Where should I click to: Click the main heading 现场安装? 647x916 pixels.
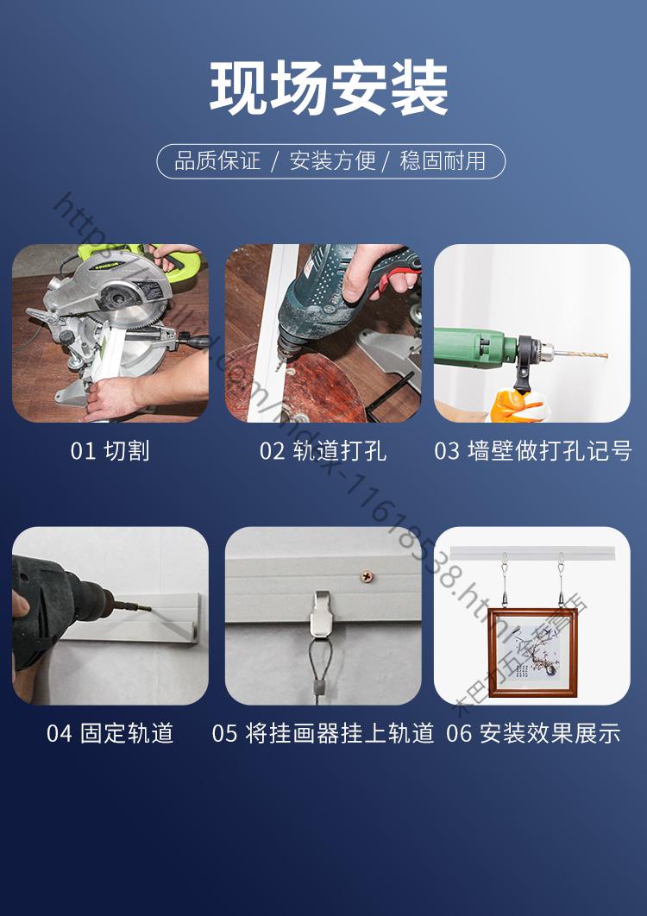click(329, 89)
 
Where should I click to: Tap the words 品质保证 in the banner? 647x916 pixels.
click(217, 161)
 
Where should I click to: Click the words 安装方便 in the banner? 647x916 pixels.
click(332, 161)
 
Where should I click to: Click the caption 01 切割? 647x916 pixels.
click(110, 451)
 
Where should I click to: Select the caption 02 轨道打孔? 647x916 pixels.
click(323, 451)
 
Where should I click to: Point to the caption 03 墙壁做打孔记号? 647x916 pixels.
click(532, 451)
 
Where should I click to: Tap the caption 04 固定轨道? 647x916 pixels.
click(110, 733)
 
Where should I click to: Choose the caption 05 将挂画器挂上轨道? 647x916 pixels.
click(323, 733)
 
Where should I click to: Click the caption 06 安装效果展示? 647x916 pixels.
click(532, 733)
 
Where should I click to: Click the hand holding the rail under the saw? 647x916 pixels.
click(112, 398)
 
